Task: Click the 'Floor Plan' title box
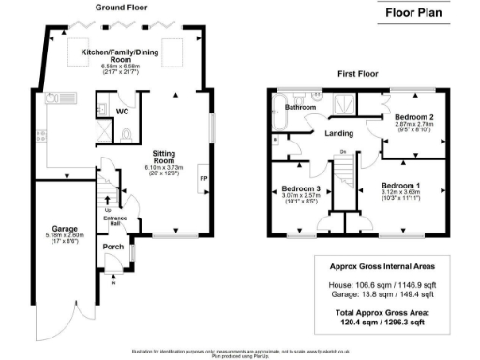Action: pos(415,14)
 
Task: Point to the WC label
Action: pos(122,111)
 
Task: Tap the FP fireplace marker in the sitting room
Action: pos(202,176)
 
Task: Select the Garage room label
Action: pos(65,229)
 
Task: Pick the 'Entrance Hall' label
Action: pos(112,217)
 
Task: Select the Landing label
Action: pos(338,133)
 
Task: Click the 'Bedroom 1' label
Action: pos(401,185)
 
